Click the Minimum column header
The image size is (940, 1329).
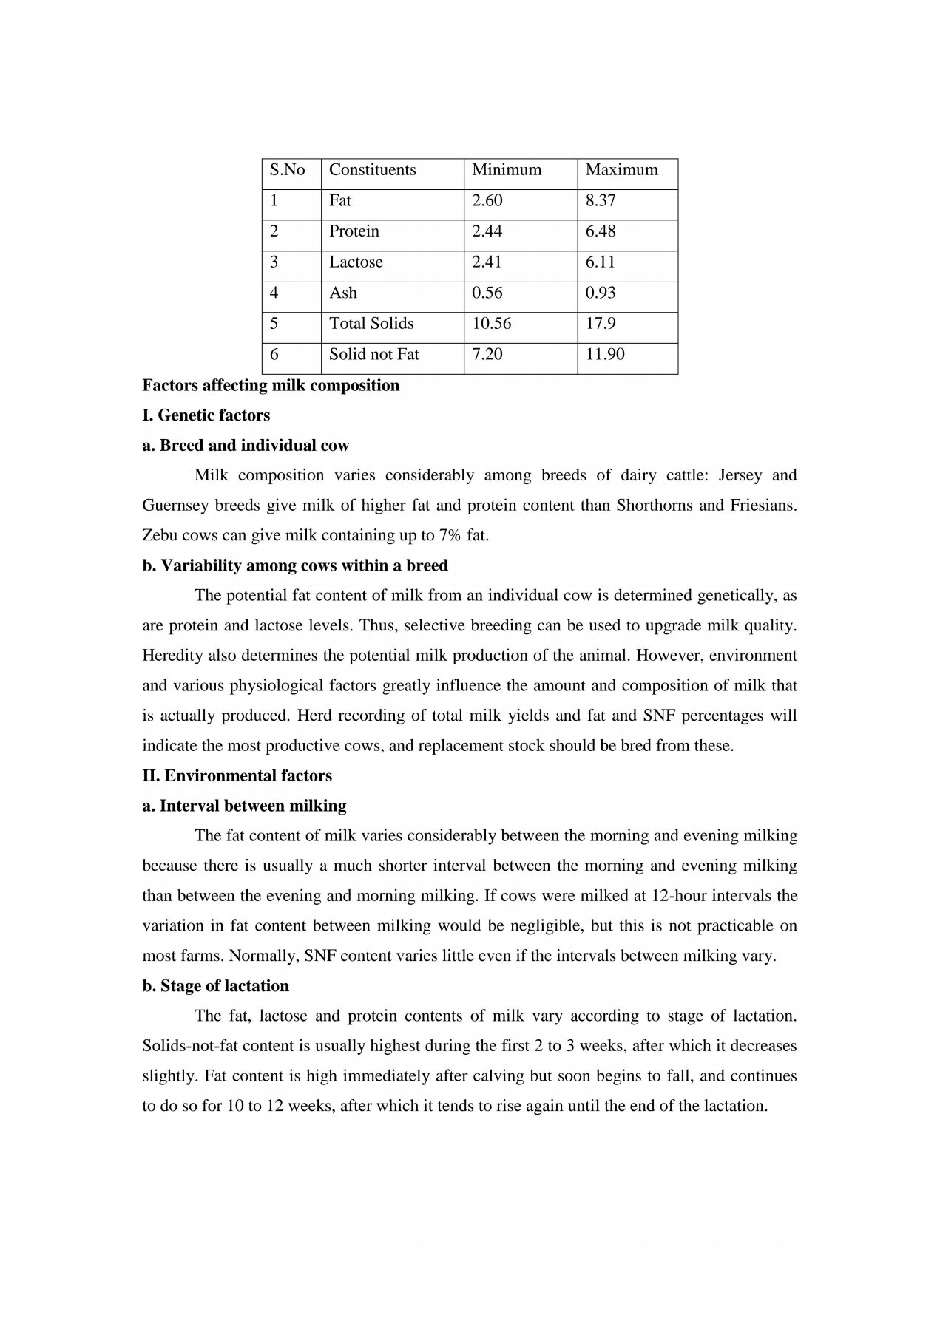pyautogui.click(x=507, y=170)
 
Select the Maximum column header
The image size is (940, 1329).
pyautogui.click(x=621, y=170)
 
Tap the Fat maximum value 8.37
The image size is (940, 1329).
pyautogui.click(x=601, y=201)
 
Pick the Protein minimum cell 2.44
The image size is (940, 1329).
pyautogui.click(x=487, y=231)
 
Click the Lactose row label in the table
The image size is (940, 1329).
pyautogui.click(x=356, y=262)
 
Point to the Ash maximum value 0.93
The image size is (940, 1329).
pyautogui.click(x=601, y=293)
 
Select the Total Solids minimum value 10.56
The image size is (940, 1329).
pyautogui.click(x=491, y=324)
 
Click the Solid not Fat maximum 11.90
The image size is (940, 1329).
pyautogui.click(x=605, y=355)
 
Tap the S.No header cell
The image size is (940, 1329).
pyautogui.click(x=287, y=170)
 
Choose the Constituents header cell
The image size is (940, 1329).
pyautogui.click(x=372, y=170)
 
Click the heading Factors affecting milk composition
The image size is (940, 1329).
pyautogui.click(x=271, y=386)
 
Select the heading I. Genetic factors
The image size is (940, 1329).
pyautogui.click(x=206, y=415)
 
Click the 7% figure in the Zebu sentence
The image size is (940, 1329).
pyautogui.click(x=450, y=536)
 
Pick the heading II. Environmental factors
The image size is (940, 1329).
pyautogui.click(x=237, y=776)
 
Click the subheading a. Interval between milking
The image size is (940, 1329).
pyautogui.click(x=244, y=806)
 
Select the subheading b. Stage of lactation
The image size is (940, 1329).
pyautogui.click(x=215, y=986)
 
